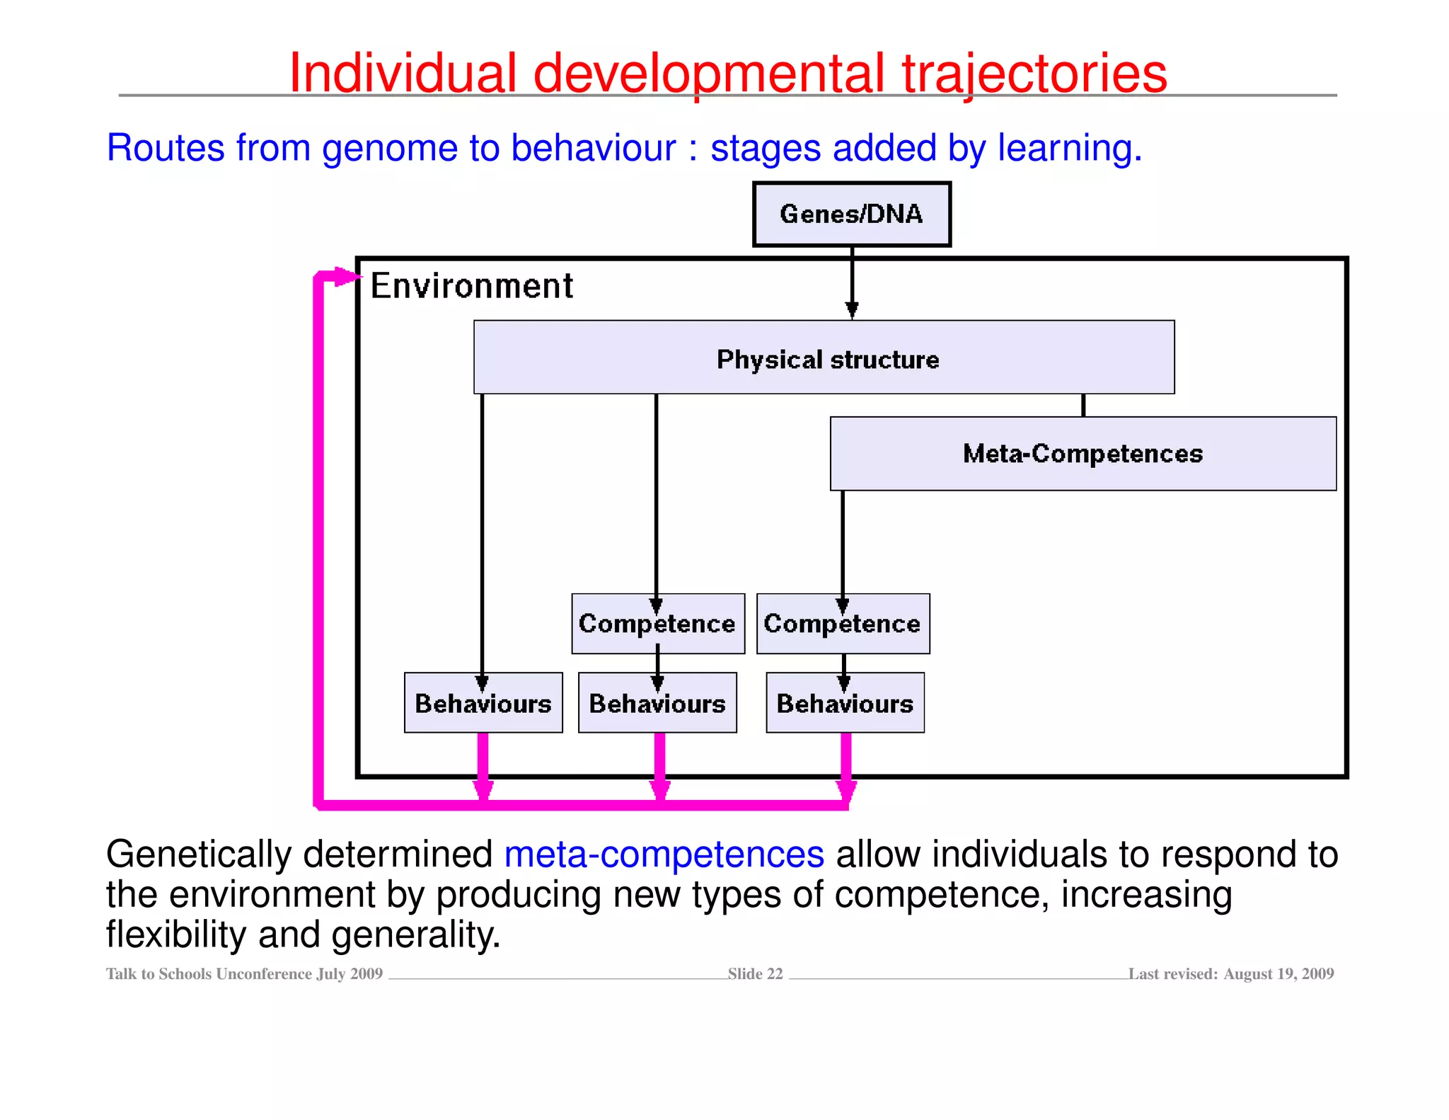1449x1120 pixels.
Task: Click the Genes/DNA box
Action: pyautogui.click(x=851, y=214)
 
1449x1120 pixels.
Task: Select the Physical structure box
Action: pyautogui.click(x=824, y=358)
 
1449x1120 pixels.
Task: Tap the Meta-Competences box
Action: pyautogui.click(x=1083, y=453)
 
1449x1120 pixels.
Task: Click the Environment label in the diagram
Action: pyautogui.click(x=471, y=286)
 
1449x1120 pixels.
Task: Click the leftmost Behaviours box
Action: pyautogui.click(x=483, y=703)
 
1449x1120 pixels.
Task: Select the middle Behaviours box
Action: pyautogui.click(x=657, y=703)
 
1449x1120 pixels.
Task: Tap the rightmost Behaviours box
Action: pyautogui.click(x=845, y=703)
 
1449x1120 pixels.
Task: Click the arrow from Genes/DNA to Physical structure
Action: pyautogui.click(x=852, y=283)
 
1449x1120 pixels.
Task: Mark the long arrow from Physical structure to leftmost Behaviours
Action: pyautogui.click(x=483, y=531)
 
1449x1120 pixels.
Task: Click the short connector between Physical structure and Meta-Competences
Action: pyautogui.click(x=1083, y=405)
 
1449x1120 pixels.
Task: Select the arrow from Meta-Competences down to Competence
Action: pyautogui.click(x=843, y=545)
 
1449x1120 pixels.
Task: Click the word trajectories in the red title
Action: pyautogui.click(x=1034, y=73)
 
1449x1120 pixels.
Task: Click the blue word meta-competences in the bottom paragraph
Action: pyautogui.click(x=664, y=854)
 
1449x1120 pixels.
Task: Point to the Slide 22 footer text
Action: pyautogui.click(x=755, y=973)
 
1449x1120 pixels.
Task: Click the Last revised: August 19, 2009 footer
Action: pyautogui.click(x=1230, y=973)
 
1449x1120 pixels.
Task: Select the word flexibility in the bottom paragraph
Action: pyautogui.click(x=175, y=935)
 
